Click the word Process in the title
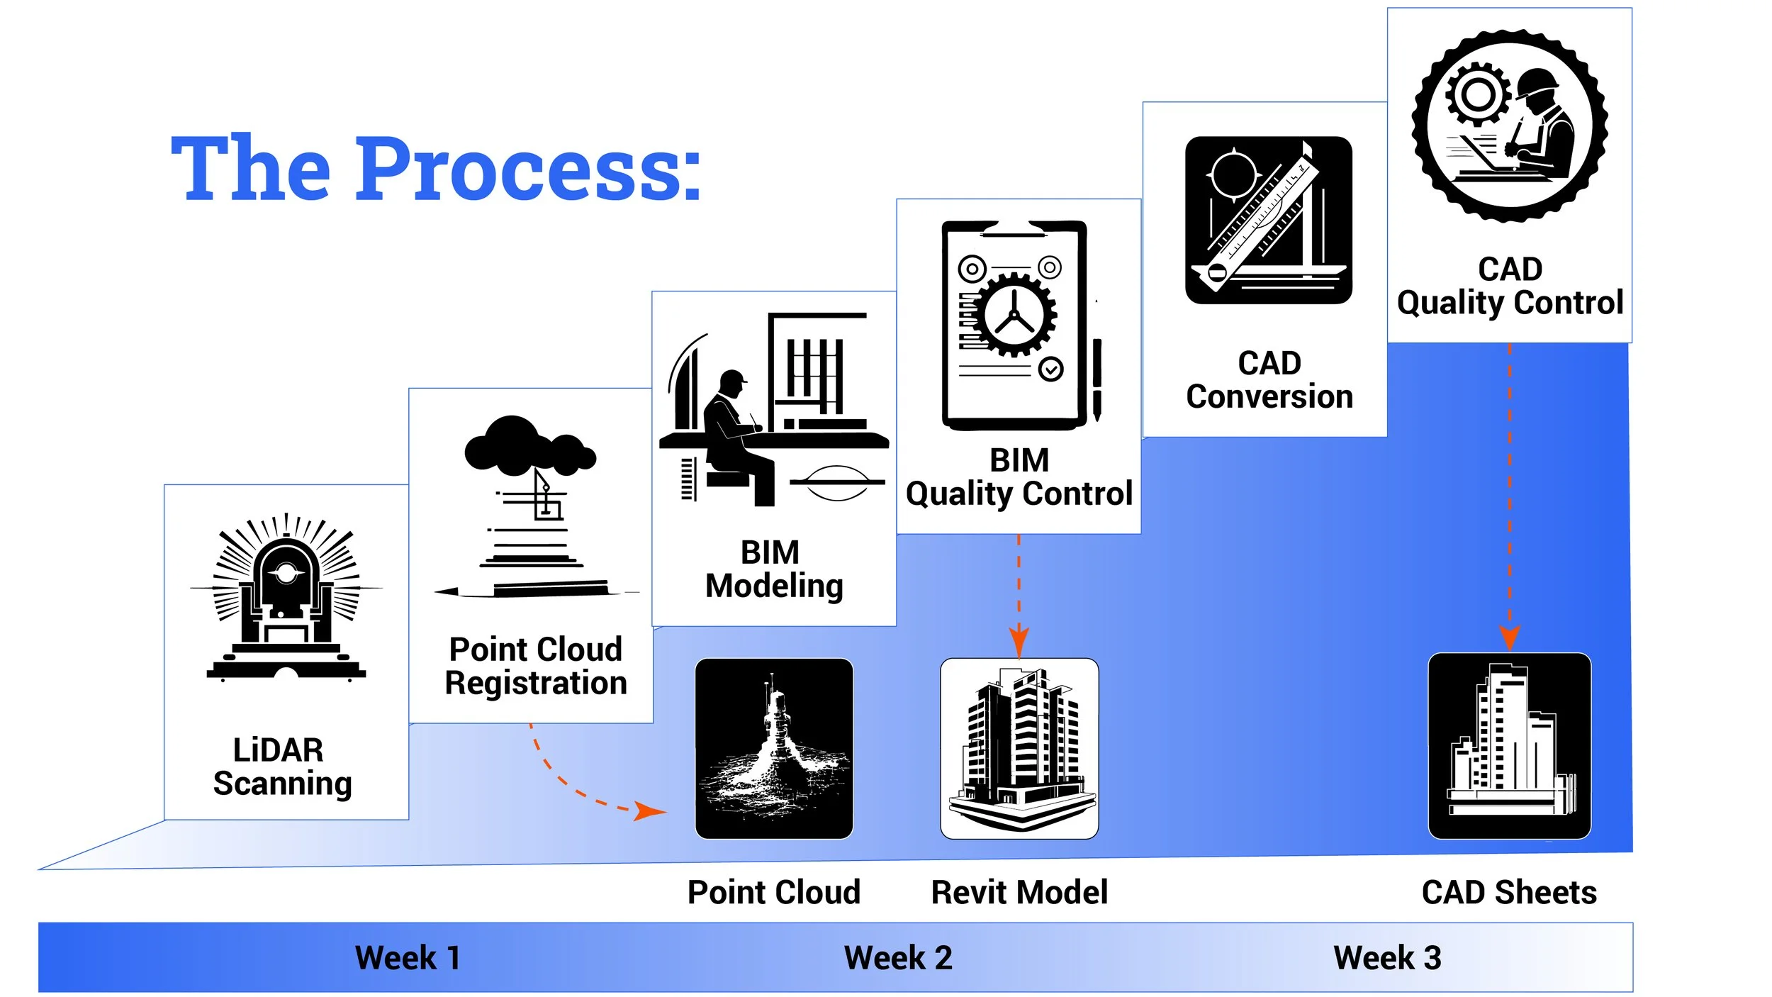527,169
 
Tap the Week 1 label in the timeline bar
408,958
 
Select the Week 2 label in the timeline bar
898,958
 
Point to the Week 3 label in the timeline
1387,958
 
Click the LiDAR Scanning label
282,767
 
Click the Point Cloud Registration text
536,666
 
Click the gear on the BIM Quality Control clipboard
1014,315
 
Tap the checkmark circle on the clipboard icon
1050,369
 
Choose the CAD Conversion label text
1269,379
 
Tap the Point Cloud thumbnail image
774,748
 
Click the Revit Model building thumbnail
1019,748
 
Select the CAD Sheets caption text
1509,892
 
